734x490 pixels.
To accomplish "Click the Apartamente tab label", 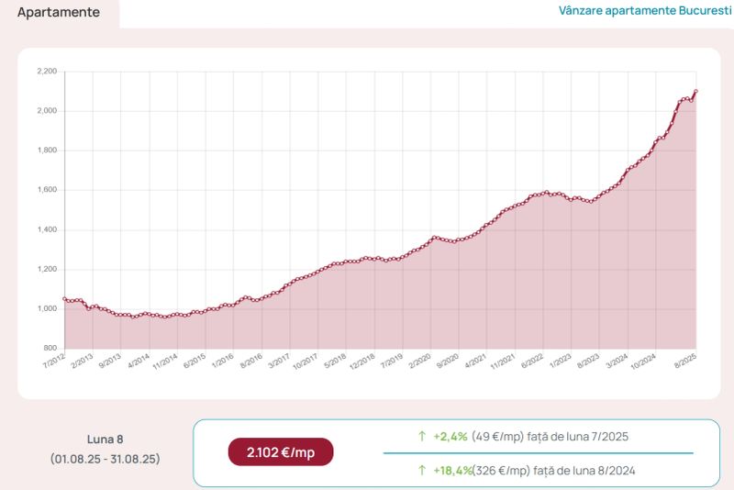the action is coord(59,12).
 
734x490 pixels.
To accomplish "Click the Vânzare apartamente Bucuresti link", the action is coord(645,11).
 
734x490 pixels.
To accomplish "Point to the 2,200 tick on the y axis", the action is coord(47,72).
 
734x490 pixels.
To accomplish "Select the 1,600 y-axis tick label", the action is coord(47,190).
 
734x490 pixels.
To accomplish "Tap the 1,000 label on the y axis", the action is coord(47,308).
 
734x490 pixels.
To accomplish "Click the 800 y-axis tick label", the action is coord(50,348).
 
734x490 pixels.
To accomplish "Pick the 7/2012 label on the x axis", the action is coord(54,362).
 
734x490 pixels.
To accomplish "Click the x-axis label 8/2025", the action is coord(685,362).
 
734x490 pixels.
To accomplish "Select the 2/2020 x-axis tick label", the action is coord(419,362).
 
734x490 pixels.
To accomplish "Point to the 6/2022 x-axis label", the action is coord(532,362).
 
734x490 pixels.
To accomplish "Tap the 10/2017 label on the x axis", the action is coord(306,362).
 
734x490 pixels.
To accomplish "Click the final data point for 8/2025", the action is coord(696,91).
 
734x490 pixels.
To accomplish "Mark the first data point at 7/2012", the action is coord(64,298).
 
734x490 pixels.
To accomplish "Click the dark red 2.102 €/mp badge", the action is coord(281,452).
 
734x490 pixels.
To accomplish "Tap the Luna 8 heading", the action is coord(106,440).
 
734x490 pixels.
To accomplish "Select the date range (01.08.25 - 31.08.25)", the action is coord(106,459).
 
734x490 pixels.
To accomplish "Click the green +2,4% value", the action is coord(450,437).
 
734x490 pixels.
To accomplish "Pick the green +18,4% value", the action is coord(452,471).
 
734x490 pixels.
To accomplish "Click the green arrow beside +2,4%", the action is coord(422,436).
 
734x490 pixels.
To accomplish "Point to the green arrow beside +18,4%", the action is coord(422,470).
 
